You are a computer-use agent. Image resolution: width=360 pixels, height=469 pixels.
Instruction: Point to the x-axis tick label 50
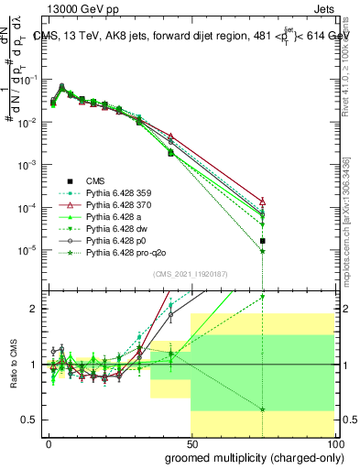click(191, 444)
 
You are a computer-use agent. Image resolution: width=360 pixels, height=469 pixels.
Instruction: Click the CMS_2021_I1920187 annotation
click(191, 273)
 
